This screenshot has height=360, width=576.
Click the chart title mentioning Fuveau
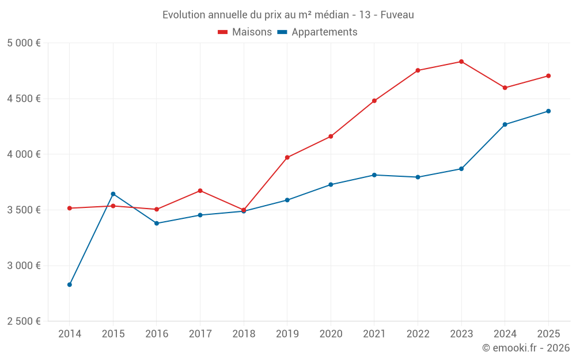(x=288, y=14)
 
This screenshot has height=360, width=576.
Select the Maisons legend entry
(x=245, y=32)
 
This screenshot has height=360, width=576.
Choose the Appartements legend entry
(x=317, y=32)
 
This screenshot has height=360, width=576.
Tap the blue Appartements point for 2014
(x=70, y=285)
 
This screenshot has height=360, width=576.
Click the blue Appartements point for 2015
(x=113, y=194)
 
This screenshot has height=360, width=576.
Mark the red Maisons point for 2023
(x=461, y=62)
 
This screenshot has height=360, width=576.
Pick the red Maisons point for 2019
(x=287, y=157)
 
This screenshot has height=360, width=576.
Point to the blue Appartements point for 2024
(x=505, y=124)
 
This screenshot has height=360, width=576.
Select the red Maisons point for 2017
(x=200, y=191)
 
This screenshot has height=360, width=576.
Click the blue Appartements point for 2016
(x=157, y=223)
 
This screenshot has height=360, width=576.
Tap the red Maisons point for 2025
(x=548, y=76)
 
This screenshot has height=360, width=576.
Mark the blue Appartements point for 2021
(x=374, y=175)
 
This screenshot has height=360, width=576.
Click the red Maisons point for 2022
(x=418, y=70)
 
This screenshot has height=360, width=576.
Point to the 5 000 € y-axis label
(x=24, y=43)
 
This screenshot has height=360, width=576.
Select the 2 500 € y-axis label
(x=24, y=321)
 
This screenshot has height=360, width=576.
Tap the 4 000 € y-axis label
(x=24, y=154)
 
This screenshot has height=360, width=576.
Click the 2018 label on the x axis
(x=244, y=334)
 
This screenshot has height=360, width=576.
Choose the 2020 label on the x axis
(x=331, y=334)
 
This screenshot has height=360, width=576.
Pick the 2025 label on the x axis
(x=548, y=334)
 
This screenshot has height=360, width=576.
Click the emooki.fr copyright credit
(x=525, y=348)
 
